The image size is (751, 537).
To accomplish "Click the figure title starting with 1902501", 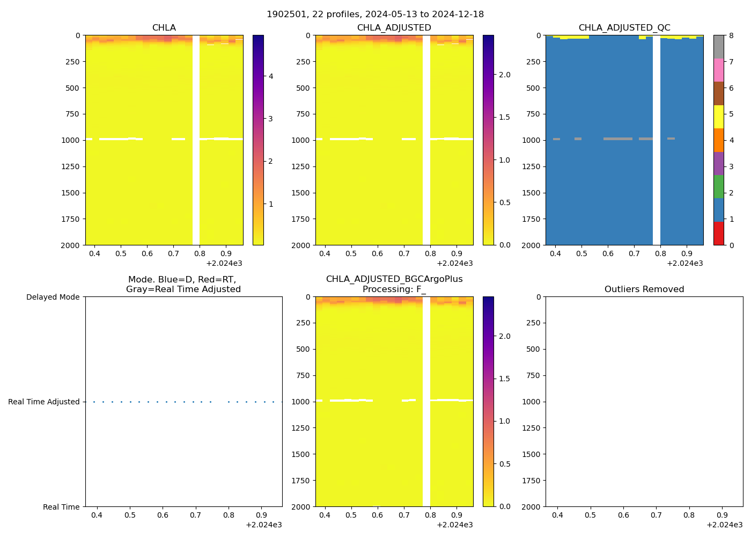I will [x=375, y=14].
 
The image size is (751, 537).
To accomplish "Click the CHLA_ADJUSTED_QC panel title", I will [x=624, y=27].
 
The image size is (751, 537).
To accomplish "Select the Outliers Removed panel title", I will [x=644, y=289].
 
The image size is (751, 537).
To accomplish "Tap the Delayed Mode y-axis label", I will [x=53, y=297].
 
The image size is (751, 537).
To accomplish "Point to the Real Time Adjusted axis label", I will [x=43, y=402].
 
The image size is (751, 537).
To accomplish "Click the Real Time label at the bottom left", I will [x=61, y=507].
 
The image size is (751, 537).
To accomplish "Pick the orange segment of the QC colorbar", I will [x=718, y=140].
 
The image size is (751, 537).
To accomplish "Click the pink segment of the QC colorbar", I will [x=718, y=70].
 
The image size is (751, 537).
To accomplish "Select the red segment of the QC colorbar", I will [x=718, y=234].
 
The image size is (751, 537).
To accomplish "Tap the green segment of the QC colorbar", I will [x=718, y=187].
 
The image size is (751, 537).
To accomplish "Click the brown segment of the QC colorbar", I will [x=718, y=93].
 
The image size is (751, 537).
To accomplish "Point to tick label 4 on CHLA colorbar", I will [x=271, y=76].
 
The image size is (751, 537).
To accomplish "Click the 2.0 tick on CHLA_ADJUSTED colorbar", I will [x=505, y=75].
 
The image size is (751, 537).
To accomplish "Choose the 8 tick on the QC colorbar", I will [x=731, y=35].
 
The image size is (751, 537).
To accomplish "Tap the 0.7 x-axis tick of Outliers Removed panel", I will [x=656, y=515].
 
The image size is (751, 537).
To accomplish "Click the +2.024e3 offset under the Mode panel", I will [x=263, y=525].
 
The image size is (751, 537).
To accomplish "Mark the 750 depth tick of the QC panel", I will [x=532, y=114].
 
